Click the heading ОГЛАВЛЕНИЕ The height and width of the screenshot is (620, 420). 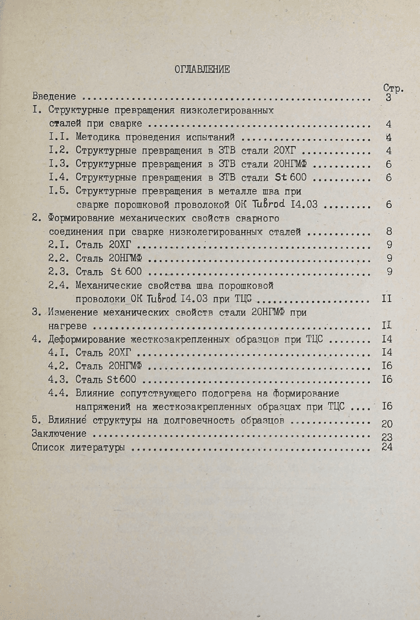202,70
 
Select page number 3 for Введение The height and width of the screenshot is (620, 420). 389,98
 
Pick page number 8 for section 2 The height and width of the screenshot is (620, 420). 389,232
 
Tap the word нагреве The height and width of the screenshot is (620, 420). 69,325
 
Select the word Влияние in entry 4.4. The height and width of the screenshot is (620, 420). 95,393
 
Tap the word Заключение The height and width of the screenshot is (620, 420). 60,434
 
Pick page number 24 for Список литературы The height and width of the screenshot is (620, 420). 387,448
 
